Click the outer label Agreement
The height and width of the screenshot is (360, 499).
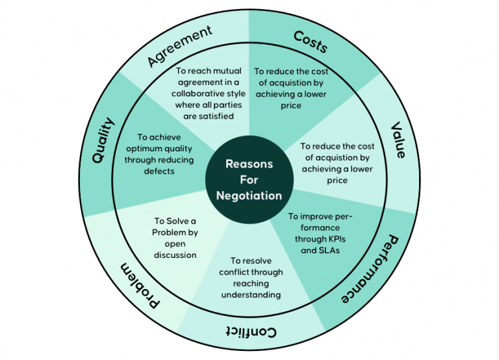(180, 47)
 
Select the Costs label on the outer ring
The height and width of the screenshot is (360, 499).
(311, 41)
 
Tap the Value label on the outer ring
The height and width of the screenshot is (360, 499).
(398, 140)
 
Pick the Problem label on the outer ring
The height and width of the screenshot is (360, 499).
(142, 286)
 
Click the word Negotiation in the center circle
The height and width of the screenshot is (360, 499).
(249, 195)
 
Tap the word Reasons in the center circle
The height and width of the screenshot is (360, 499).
(249, 164)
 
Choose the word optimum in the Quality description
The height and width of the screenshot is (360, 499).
(142, 149)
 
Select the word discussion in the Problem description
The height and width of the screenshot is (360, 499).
(175, 255)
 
